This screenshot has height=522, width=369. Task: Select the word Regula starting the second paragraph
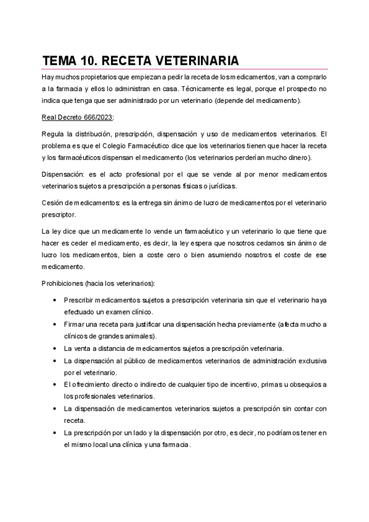click(52, 134)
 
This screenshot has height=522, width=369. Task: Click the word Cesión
click(53, 203)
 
